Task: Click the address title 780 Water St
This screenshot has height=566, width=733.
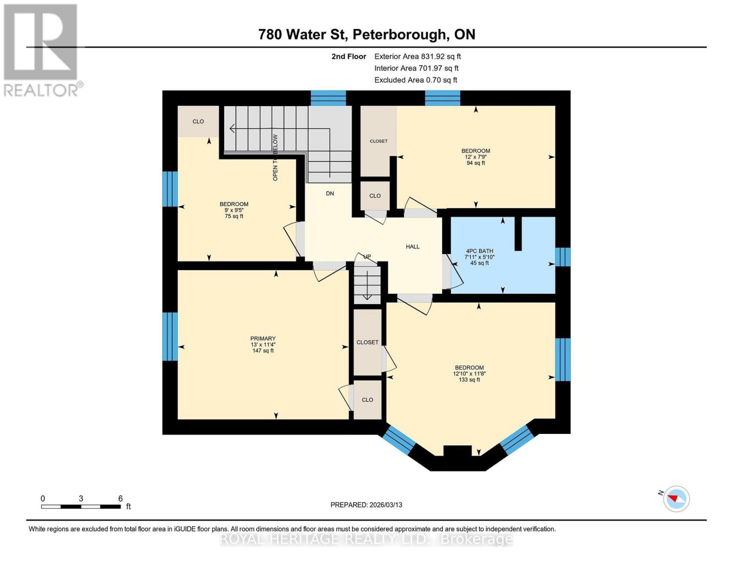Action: (x=366, y=34)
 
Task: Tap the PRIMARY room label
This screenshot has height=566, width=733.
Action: (x=263, y=339)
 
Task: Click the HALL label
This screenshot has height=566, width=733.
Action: (x=412, y=247)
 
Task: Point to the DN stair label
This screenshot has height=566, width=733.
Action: (x=330, y=193)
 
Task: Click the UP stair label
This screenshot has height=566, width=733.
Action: (x=367, y=257)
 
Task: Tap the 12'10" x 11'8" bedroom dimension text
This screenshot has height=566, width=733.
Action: (x=469, y=374)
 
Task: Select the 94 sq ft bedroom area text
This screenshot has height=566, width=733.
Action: (x=475, y=163)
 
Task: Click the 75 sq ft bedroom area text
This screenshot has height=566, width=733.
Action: (x=234, y=216)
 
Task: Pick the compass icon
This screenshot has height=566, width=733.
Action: (x=676, y=499)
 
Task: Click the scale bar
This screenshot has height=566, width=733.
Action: (x=81, y=507)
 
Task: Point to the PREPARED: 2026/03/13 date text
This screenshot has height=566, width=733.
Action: (x=366, y=505)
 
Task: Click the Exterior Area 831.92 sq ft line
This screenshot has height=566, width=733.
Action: (x=417, y=57)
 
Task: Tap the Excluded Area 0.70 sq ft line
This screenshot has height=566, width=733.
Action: (x=416, y=80)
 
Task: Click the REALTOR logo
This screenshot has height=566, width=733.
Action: (x=42, y=50)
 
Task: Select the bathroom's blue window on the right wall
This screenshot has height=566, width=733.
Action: (x=562, y=257)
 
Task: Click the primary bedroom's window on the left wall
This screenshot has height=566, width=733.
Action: (x=170, y=336)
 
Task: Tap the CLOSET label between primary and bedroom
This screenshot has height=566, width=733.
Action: (x=367, y=342)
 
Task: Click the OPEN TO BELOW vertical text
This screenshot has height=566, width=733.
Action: (x=275, y=158)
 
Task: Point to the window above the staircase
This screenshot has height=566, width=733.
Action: (x=328, y=98)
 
